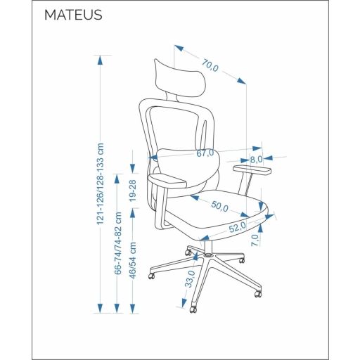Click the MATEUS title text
pyautogui.click(x=73, y=15)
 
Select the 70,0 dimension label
pyautogui.click(x=210, y=65)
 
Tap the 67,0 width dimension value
pyautogui.click(x=205, y=153)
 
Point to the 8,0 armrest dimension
pyautogui.click(x=256, y=160)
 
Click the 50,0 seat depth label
pyautogui.click(x=219, y=206)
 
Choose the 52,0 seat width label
pyautogui.click(x=238, y=227)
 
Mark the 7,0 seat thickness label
pyautogui.click(x=255, y=240)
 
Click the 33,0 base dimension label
pyautogui.click(x=190, y=278)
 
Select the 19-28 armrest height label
pyautogui.click(x=132, y=191)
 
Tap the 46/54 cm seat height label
pyautogui.click(x=133, y=260)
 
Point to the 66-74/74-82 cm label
pyautogui.click(x=117, y=243)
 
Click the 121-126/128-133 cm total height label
pyautogui.click(x=100, y=184)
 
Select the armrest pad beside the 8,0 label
pyautogui.click(x=252, y=169)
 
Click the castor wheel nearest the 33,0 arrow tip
pyautogui.click(x=193, y=309)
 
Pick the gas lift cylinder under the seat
pyautogui.click(x=208, y=247)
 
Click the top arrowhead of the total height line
pyautogui.click(x=100, y=60)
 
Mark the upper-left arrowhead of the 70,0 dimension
pyautogui.click(x=179, y=48)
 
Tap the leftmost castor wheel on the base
pyautogui.click(x=152, y=276)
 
